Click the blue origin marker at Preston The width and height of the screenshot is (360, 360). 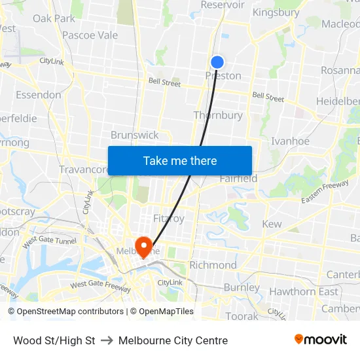pos(217,62)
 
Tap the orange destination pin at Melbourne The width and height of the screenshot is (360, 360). pos(143,245)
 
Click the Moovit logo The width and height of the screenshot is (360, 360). pos(321,340)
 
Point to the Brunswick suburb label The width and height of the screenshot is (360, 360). pos(135,135)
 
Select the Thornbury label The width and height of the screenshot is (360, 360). pos(218,115)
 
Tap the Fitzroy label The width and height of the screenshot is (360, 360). pos(168,218)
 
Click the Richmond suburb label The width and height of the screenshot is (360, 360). pos(213,265)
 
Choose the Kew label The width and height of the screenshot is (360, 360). pos(272,224)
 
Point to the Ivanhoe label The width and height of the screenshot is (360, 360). pos(290,141)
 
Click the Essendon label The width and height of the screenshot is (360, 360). pos(39,95)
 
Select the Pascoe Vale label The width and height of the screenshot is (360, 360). pos(90,35)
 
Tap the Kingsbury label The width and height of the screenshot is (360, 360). pos(276,12)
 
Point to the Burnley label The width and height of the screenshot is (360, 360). pos(242,287)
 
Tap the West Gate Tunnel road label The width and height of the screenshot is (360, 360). pos(50,242)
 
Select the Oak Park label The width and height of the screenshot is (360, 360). pos(54,18)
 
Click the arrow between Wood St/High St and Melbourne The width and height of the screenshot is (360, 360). pos(107,340)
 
